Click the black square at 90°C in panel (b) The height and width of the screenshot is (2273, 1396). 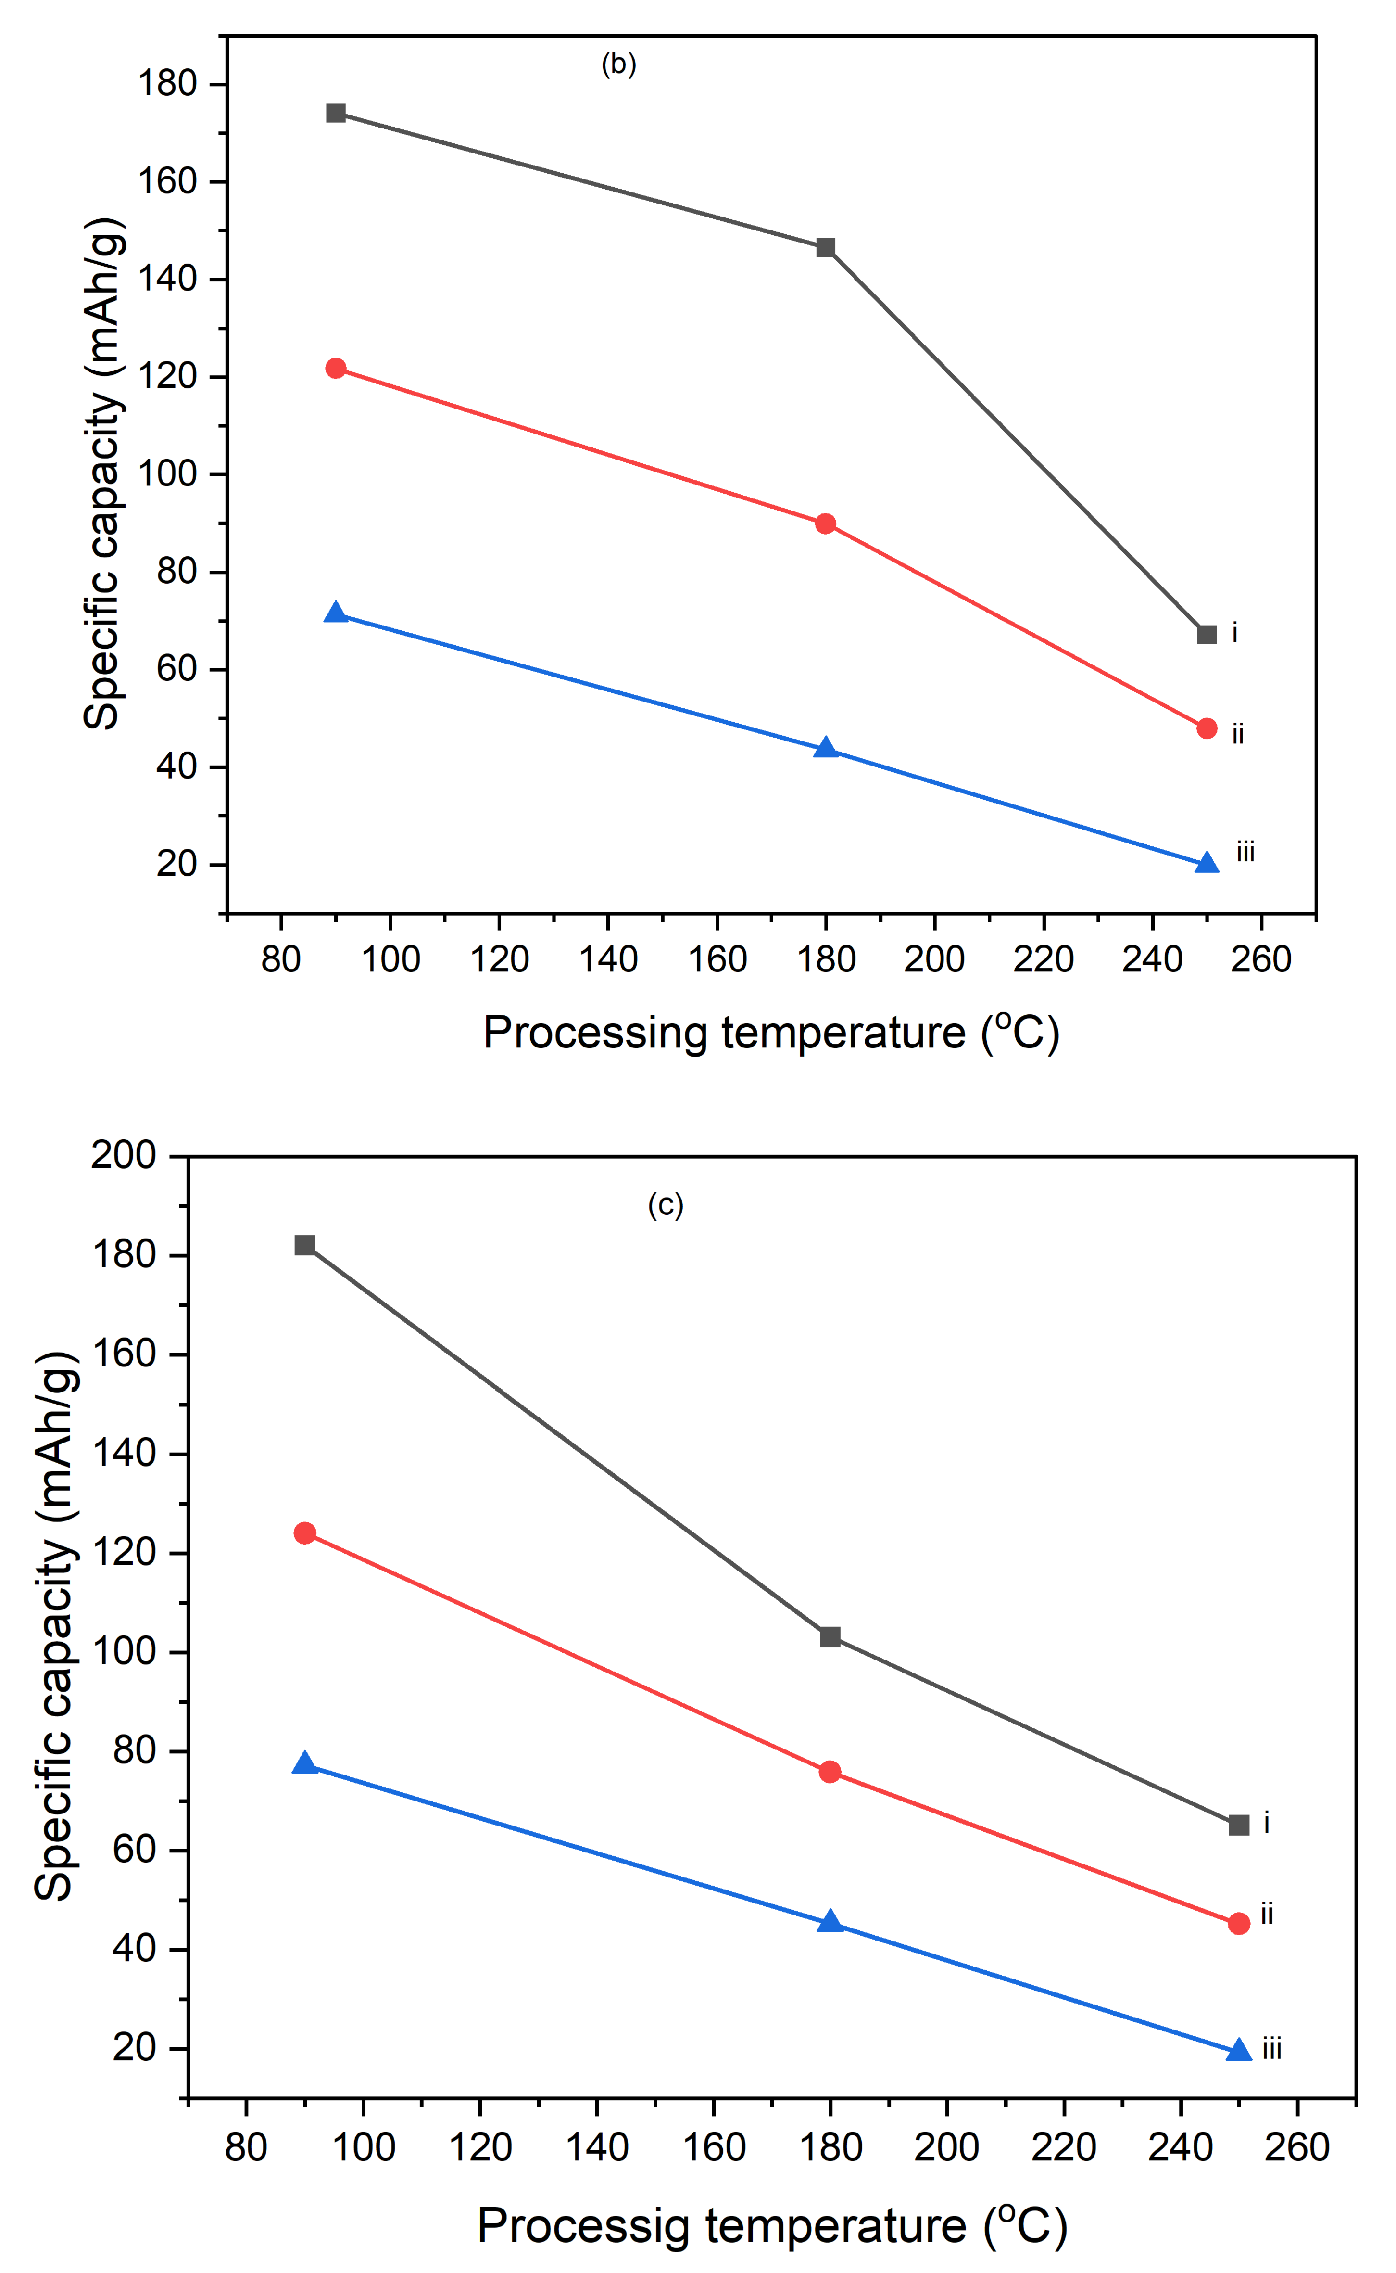click(336, 114)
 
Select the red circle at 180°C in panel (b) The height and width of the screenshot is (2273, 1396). click(825, 524)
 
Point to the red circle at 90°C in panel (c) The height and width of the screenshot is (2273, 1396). click(305, 1533)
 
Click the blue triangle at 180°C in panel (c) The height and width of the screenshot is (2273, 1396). click(830, 1922)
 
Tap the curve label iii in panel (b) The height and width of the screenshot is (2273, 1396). click(1245, 852)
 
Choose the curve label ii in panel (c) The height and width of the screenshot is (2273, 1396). click(1267, 1915)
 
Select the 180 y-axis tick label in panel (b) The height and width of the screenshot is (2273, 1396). click(168, 84)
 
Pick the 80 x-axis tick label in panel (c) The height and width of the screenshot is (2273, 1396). click(246, 2147)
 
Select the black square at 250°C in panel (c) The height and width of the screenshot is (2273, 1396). click(1239, 1825)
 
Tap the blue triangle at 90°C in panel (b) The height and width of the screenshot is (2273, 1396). click(336, 613)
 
